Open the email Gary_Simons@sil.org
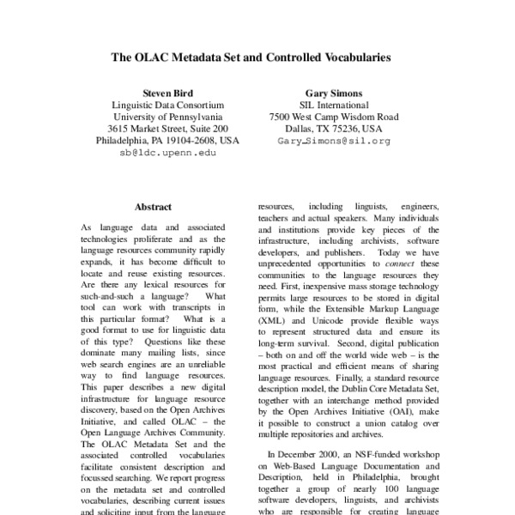tap(333, 140)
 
